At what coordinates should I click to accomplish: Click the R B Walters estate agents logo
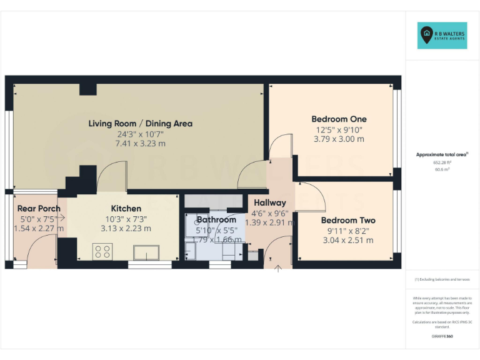pyautogui.click(x=442, y=36)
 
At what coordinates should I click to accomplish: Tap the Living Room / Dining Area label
pyautogui.click(x=140, y=123)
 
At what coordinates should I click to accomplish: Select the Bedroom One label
pyautogui.click(x=339, y=119)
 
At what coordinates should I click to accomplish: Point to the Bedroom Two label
pyautogui.click(x=348, y=220)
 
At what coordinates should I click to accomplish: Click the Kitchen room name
pyautogui.click(x=126, y=208)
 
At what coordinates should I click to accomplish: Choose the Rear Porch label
pyautogui.click(x=39, y=208)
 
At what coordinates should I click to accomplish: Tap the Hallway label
pyautogui.click(x=269, y=202)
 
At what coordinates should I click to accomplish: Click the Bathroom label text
pyautogui.click(x=216, y=219)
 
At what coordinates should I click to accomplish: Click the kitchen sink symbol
pyautogui.click(x=148, y=252)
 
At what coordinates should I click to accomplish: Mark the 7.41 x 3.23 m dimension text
pyautogui.click(x=140, y=143)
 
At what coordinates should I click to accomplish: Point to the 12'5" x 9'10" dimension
pyautogui.click(x=338, y=129)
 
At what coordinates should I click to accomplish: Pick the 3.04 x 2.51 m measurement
pyautogui.click(x=347, y=240)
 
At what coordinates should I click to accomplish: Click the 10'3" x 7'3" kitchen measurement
pyautogui.click(x=126, y=219)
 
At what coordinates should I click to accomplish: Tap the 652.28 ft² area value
pyautogui.click(x=442, y=162)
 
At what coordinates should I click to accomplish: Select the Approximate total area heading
pyautogui.click(x=442, y=154)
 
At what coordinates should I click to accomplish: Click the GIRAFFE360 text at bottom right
pyautogui.click(x=442, y=336)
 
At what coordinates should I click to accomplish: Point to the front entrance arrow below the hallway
pyautogui.click(x=278, y=269)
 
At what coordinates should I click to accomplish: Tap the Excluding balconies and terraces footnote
pyautogui.click(x=442, y=279)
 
